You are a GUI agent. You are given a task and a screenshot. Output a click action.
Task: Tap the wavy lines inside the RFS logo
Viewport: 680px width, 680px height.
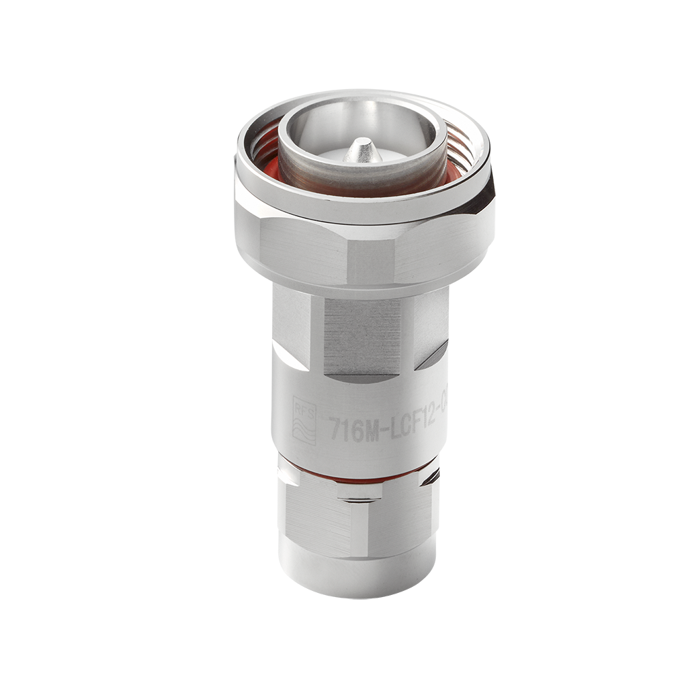[304, 430]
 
